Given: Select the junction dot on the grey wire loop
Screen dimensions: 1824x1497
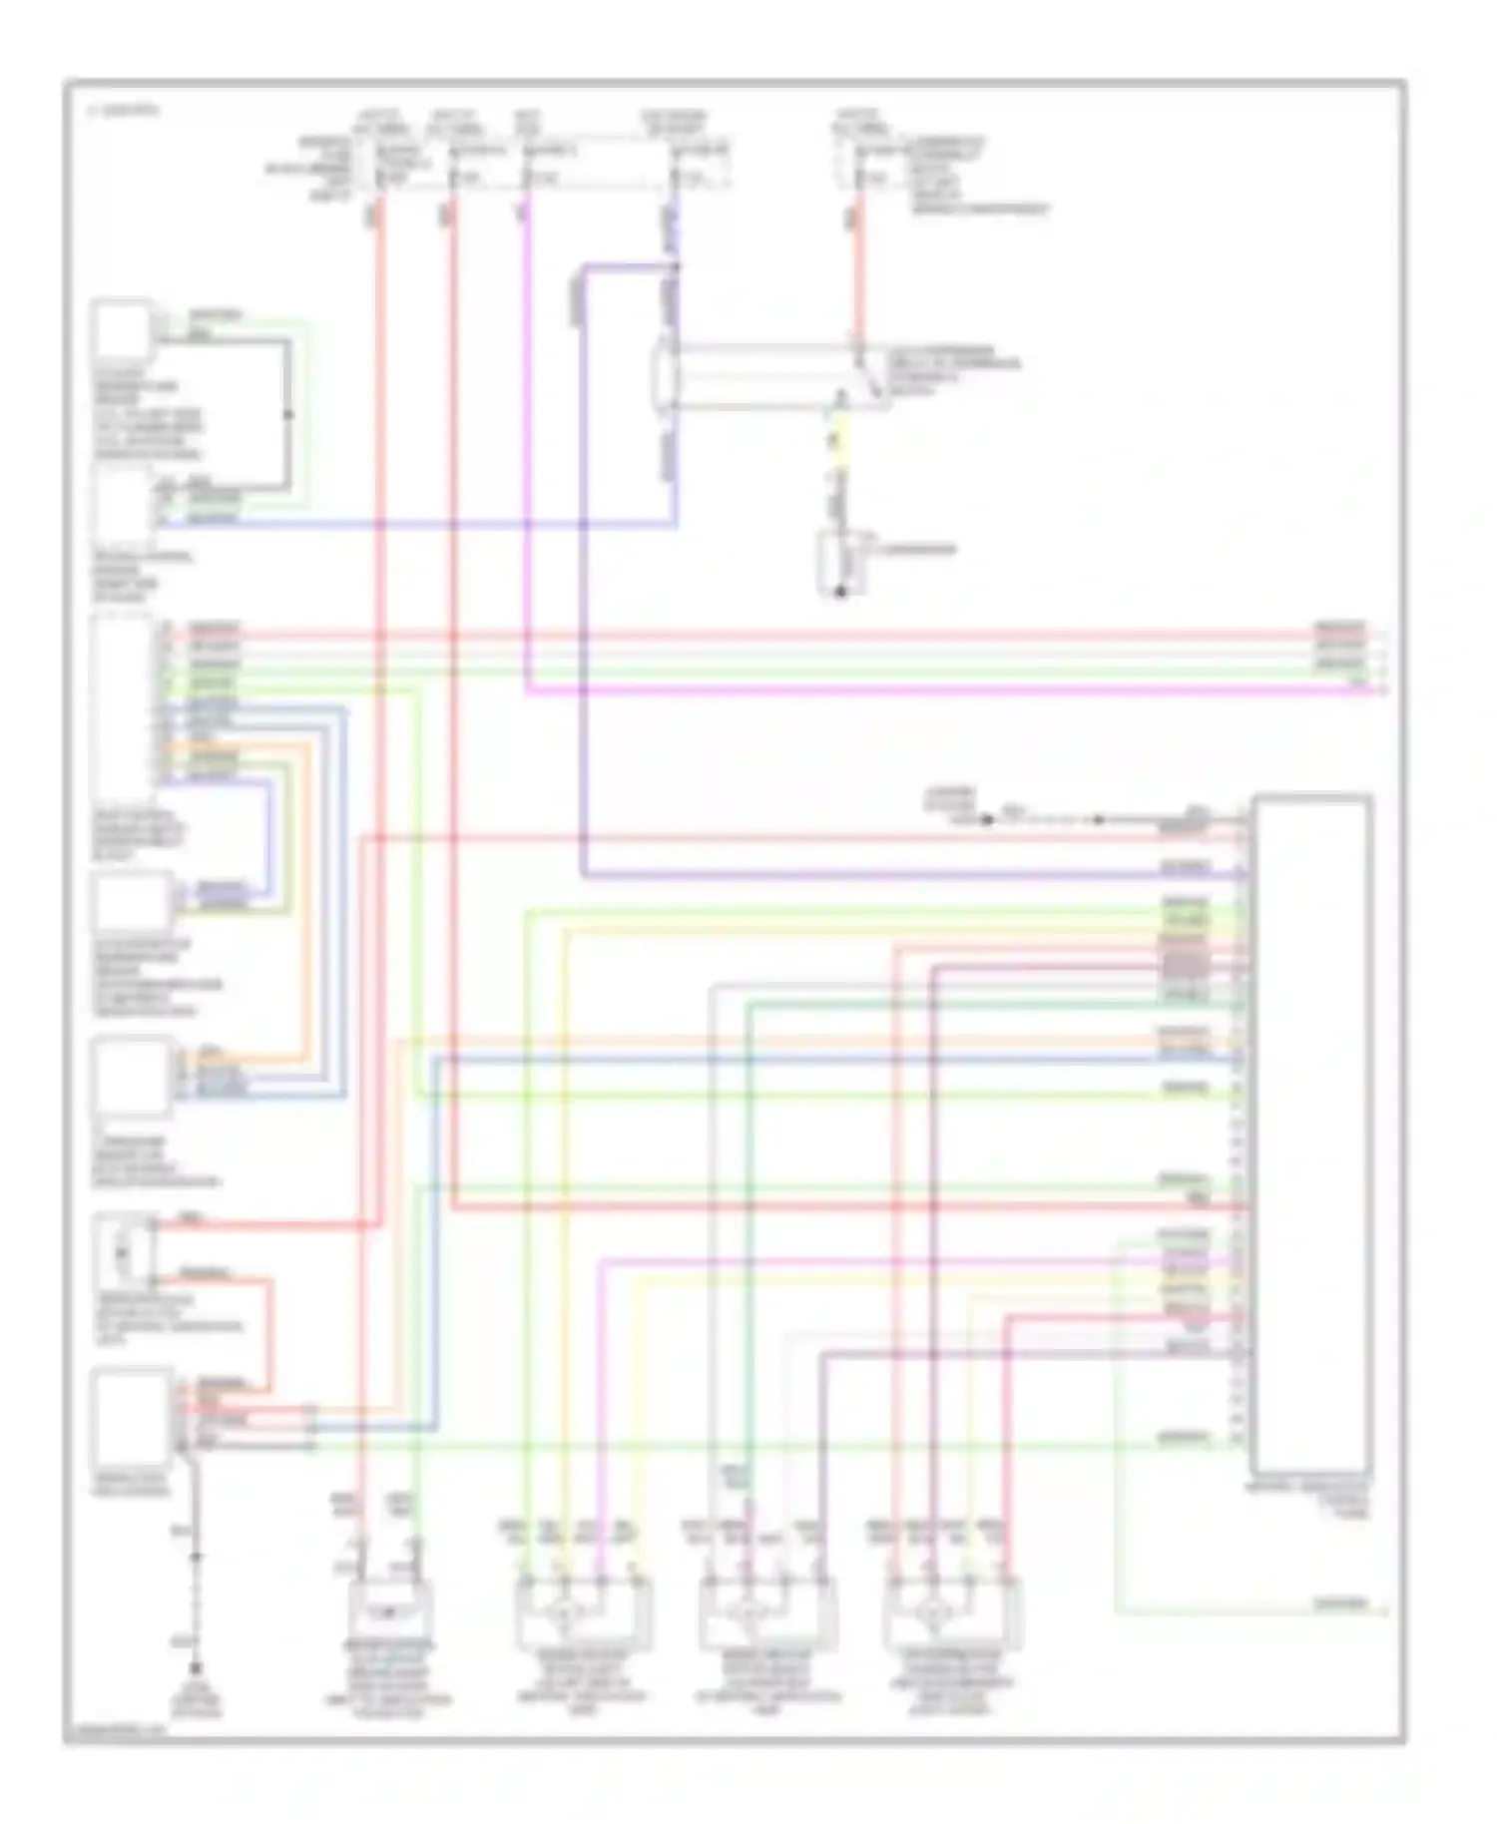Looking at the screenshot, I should [288, 414].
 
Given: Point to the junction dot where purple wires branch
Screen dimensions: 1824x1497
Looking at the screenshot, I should [676, 266].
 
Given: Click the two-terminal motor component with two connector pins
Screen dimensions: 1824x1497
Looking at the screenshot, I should [389, 1613].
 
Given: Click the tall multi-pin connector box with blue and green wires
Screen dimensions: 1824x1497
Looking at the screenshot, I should [121, 708].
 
